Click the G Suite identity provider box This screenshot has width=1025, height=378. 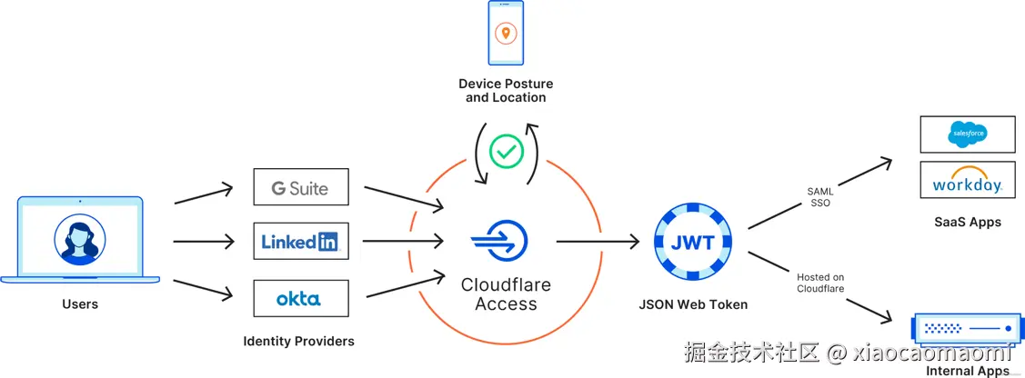[x=300, y=186]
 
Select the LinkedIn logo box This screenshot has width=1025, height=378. [x=300, y=241]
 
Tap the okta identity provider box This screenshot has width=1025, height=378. [x=300, y=298]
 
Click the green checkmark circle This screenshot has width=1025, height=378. [x=506, y=151]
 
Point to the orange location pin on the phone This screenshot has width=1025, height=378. [x=506, y=34]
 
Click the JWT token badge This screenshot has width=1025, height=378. [x=693, y=242]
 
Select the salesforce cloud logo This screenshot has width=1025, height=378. [x=967, y=134]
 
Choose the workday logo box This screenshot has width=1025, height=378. [x=967, y=182]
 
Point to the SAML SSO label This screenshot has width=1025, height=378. [x=820, y=197]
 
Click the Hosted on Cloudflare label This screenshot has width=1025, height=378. [x=820, y=283]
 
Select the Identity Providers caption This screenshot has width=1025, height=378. [x=298, y=342]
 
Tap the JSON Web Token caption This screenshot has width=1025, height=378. [x=693, y=304]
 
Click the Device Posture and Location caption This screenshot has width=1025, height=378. [x=506, y=91]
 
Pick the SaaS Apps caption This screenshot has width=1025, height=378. [x=967, y=222]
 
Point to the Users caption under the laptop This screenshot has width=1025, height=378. [x=80, y=303]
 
